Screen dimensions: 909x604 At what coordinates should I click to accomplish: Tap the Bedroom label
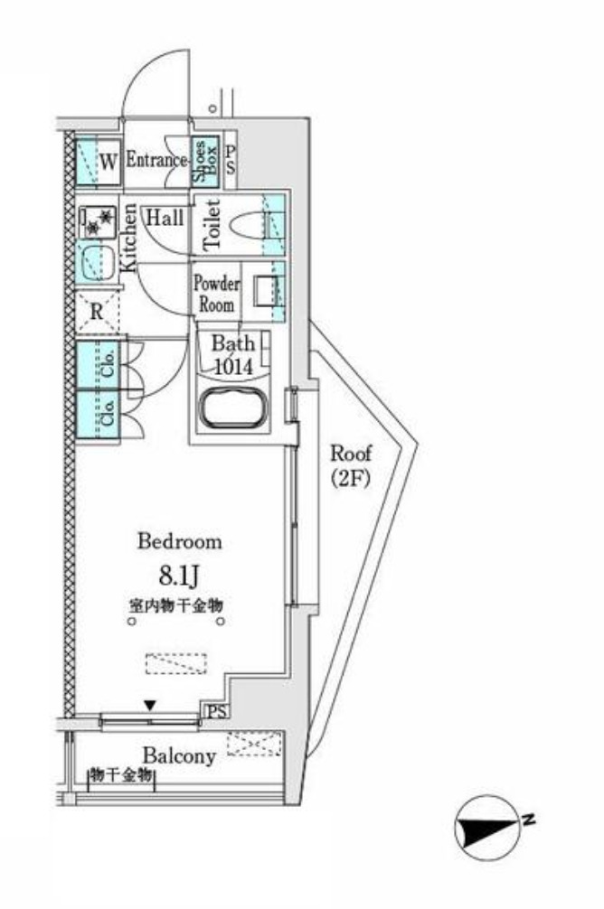pyautogui.click(x=179, y=542)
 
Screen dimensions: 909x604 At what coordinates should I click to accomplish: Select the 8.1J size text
pyautogui.click(x=179, y=576)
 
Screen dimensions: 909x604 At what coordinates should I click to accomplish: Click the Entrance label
pyautogui.click(x=156, y=161)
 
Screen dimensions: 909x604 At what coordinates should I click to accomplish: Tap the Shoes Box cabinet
pyautogui.click(x=203, y=162)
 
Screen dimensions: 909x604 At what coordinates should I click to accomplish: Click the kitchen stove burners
pyautogui.click(x=96, y=219)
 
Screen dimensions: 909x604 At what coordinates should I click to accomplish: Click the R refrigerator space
pyautogui.click(x=97, y=313)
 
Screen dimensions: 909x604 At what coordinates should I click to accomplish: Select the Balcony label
pyautogui.click(x=177, y=755)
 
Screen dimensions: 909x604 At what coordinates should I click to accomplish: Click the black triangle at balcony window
pyautogui.click(x=151, y=705)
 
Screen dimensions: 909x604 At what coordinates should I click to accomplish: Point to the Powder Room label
pyautogui.click(x=216, y=293)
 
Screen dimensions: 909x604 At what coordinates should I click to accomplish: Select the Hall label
pyautogui.click(x=165, y=218)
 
